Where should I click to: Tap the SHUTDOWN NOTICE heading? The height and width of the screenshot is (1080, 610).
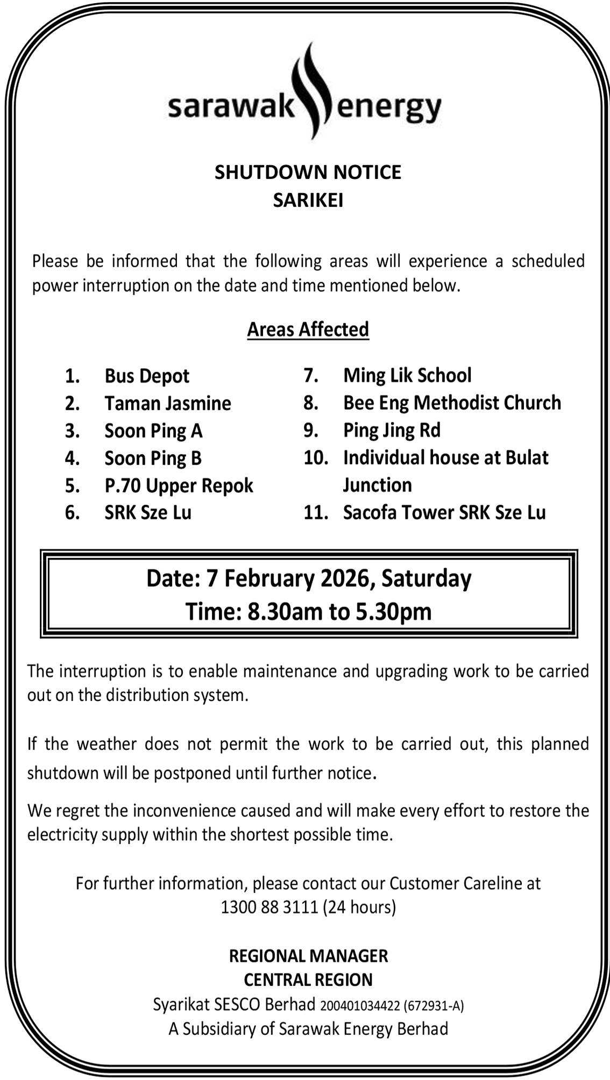(x=308, y=173)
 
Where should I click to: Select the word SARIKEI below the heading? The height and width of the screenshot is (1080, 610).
(x=308, y=201)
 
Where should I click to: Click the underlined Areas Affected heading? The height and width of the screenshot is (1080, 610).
(x=308, y=329)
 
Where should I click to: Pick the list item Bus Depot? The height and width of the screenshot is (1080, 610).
(x=147, y=376)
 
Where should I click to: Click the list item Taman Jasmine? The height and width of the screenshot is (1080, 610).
(x=168, y=403)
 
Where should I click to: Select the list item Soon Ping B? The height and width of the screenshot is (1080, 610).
(x=153, y=458)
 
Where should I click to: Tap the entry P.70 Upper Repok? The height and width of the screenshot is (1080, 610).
(x=179, y=485)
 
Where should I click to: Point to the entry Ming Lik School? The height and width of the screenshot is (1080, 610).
(x=407, y=375)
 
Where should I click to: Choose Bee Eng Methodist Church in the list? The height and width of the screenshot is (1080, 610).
(x=452, y=403)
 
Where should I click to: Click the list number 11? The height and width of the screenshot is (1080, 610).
(x=315, y=512)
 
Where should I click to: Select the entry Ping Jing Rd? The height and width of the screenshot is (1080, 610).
(x=392, y=430)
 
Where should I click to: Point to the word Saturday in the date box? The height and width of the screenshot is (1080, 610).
(x=426, y=579)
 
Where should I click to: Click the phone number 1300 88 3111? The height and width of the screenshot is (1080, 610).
(x=269, y=907)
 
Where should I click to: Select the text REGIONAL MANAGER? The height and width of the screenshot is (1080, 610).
(x=308, y=956)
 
